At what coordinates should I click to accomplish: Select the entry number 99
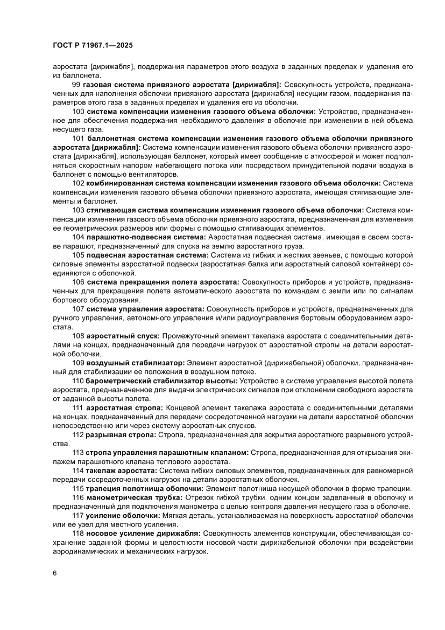[76, 85]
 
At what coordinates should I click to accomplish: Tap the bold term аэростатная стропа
[125, 407]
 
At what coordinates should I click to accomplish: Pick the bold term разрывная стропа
[121, 434]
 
